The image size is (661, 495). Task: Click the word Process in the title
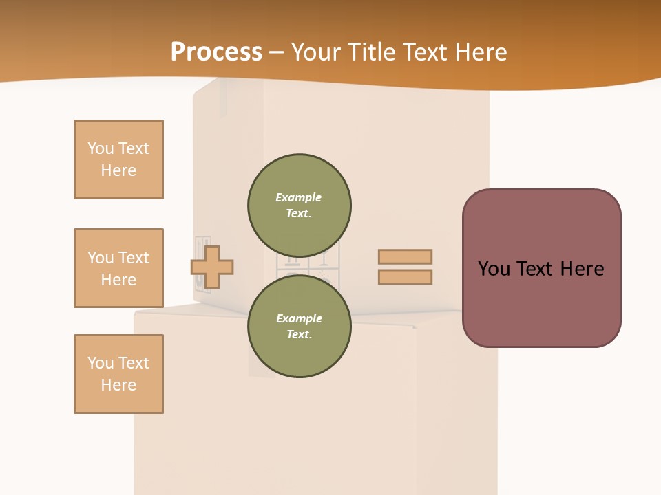216,52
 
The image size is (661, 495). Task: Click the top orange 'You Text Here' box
118,159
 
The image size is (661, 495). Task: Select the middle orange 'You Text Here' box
118,268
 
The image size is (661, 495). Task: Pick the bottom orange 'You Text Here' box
118,374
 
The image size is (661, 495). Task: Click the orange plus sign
212,267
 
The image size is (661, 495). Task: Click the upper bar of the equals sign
405,256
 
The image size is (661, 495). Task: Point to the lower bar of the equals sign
405,277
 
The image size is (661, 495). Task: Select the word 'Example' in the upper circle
298,197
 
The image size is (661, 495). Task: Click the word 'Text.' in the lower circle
299,335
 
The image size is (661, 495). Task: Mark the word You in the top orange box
101,148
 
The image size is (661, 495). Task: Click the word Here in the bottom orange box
118,385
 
